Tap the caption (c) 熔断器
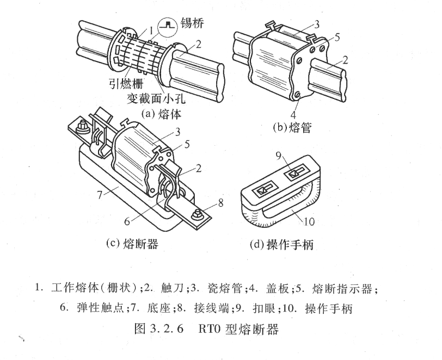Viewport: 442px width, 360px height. tap(132, 244)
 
